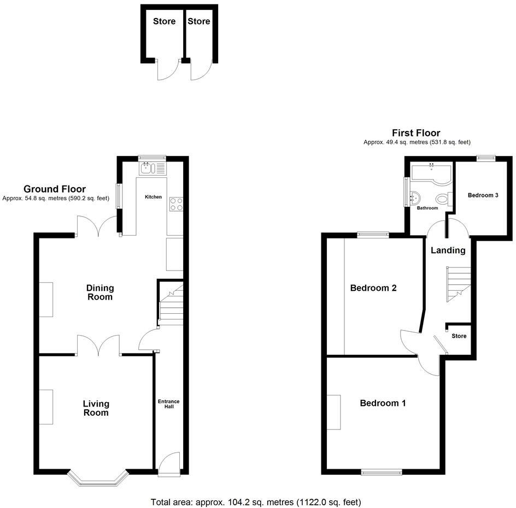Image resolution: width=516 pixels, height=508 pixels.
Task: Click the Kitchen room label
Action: click(x=153, y=196)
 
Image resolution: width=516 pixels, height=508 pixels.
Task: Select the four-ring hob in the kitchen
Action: click(x=175, y=204)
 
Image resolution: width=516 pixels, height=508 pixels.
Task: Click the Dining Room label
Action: click(x=99, y=292)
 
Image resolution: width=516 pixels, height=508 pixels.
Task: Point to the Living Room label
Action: click(x=96, y=408)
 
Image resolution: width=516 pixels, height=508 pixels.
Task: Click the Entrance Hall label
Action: click(x=169, y=405)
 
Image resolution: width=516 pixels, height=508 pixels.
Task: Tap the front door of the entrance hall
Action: click(x=168, y=463)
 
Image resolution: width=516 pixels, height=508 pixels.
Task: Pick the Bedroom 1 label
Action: click(x=383, y=403)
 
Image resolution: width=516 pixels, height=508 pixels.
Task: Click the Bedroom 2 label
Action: click(x=373, y=288)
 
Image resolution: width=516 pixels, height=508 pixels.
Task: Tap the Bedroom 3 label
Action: click(x=483, y=195)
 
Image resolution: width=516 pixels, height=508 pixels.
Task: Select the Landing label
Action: click(x=448, y=250)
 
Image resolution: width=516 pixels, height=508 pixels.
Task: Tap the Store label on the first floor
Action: click(x=459, y=336)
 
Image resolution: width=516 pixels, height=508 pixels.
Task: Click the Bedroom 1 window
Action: click(x=382, y=472)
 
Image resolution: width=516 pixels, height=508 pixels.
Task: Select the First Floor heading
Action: click(x=416, y=133)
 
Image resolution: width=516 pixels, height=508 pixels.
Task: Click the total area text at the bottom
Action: click(x=256, y=502)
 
